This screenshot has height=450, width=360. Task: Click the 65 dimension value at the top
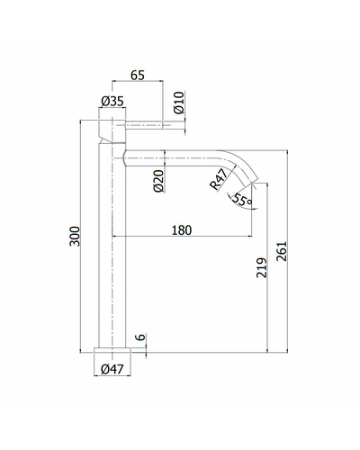coord(138,76)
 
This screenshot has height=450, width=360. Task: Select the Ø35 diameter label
coord(112,102)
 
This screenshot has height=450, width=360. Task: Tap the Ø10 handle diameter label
coord(179,103)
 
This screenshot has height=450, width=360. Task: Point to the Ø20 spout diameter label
coord(158,181)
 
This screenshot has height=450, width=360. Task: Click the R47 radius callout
coord(219,179)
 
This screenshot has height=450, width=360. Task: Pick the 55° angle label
coord(242,200)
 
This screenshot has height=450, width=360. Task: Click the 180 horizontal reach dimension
coord(182,230)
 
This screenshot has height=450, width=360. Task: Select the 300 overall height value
coord(75,237)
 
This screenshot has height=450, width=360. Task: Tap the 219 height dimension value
coord(262,267)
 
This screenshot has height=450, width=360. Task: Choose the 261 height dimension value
coord(282,251)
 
